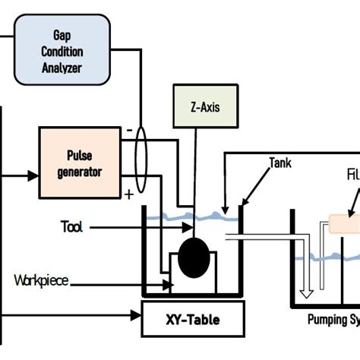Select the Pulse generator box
click(81, 163)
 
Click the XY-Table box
click(194, 320)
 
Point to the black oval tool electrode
click(195, 256)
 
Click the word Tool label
click(73, 227)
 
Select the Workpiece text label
click(41, 281)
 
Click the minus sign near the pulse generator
click(129, 131)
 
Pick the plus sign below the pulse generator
click(129, 194)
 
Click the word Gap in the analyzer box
click(63, 35)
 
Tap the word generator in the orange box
click(80, 171)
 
